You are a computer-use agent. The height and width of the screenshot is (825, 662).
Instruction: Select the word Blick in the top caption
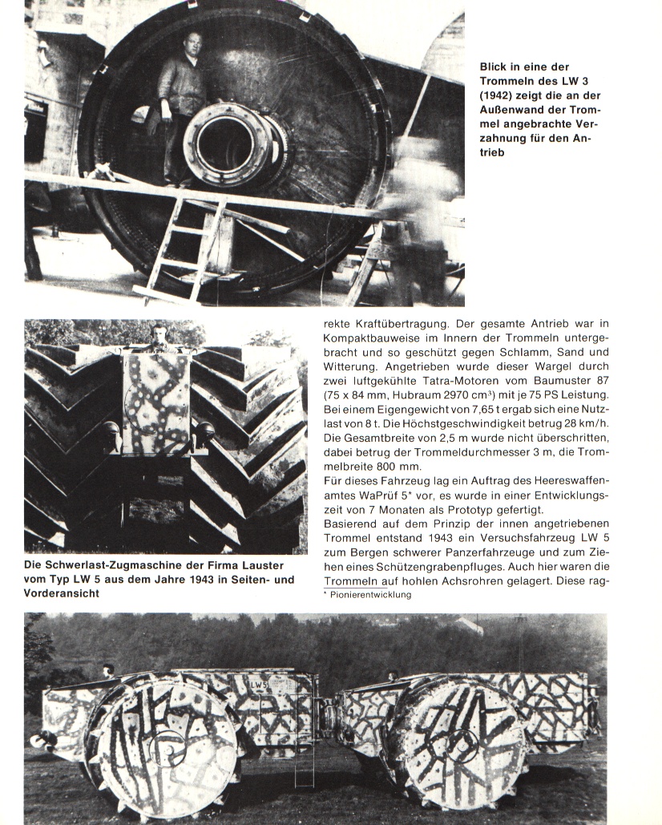(496, 67)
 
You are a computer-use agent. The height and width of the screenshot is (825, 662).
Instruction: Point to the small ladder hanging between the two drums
(304, 766)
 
